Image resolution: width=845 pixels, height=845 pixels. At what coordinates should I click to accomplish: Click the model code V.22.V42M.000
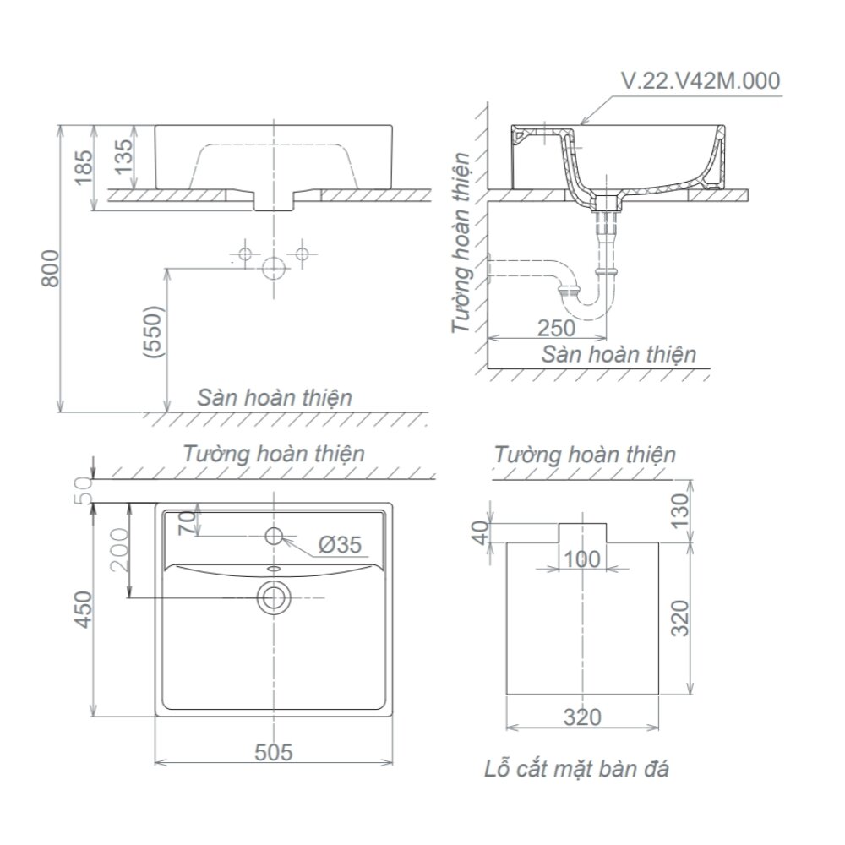point(700,81)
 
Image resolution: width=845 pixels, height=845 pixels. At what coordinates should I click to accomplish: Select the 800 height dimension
point(50,269)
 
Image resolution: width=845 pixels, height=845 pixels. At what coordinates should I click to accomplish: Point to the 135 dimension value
point(123,158)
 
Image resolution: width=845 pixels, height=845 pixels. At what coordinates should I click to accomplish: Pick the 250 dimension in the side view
point(555,328)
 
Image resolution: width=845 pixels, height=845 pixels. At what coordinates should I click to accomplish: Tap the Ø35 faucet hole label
point(340,545)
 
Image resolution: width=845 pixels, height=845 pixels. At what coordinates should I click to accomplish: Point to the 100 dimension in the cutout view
point(583,559)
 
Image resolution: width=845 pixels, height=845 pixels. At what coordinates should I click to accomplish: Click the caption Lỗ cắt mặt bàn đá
point(577,770)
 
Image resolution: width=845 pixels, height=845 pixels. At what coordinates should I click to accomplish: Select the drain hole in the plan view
point(273,597)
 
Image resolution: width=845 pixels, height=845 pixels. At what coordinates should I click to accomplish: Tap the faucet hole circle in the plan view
point(274,535)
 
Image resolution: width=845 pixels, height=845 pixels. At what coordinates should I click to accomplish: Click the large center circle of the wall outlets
point(273,268)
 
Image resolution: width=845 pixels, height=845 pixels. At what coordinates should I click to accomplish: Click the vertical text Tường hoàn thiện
point(461,243)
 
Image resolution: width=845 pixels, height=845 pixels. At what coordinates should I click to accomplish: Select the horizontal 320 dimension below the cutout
point(581,717)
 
